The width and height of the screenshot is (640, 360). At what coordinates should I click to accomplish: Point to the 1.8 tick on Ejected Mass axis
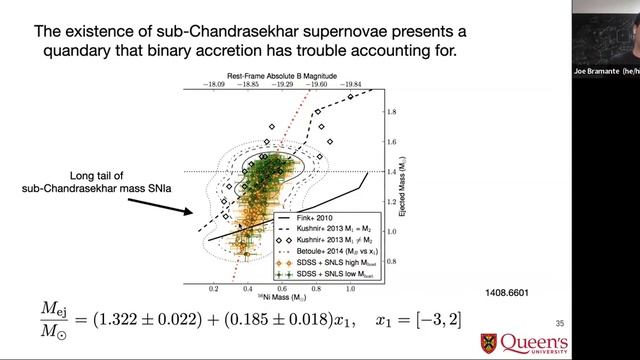click(391, 110)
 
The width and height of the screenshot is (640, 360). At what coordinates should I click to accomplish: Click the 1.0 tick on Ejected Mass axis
click(391, 231)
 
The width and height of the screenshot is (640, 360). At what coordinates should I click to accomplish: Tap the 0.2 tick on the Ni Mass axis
click(213, 288)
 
